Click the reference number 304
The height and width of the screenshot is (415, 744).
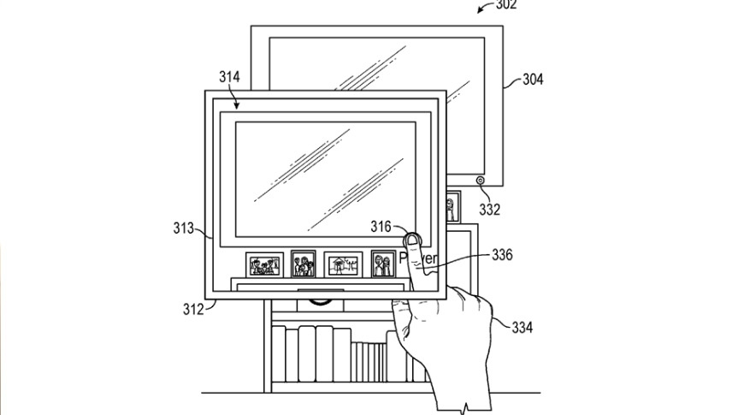533,80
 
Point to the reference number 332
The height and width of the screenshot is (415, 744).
490,210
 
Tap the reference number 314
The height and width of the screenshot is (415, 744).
228,77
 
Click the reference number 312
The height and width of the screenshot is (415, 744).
192,309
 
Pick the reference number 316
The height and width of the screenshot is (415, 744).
381,227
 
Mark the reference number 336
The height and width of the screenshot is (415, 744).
503,255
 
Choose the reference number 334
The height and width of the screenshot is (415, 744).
522,327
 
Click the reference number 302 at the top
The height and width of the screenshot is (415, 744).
506,4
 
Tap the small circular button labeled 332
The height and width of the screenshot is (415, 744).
481,180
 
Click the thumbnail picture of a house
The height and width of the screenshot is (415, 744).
342,264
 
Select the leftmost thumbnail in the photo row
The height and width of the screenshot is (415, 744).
265,264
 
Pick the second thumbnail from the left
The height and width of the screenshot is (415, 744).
304,264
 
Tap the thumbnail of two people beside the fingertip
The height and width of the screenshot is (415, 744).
382,264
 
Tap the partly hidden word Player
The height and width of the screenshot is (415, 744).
420,258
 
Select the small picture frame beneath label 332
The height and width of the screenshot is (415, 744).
451,206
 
